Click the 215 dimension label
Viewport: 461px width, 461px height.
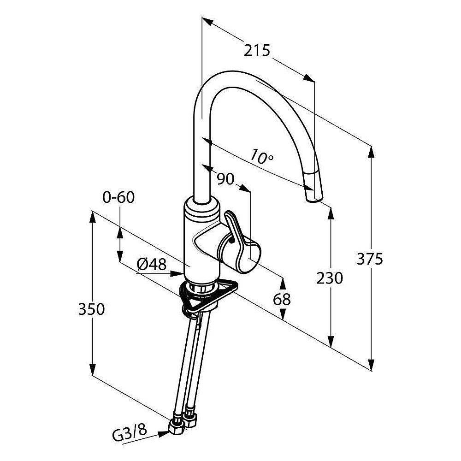[257, 50]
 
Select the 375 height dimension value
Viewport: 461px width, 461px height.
[370, 259]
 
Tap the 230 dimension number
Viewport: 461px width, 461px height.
[330, 278]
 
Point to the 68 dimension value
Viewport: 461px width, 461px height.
[282, 300]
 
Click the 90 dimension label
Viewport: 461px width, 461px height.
[225, 179]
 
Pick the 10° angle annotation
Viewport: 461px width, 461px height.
[262, 156]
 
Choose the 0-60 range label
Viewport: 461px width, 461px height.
[118, 197]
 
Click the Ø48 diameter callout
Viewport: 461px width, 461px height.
[152, 264]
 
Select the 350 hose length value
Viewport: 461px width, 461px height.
[91, 309]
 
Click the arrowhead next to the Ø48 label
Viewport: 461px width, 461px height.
[177, 274]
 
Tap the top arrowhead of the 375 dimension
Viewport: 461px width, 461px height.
[371, 152]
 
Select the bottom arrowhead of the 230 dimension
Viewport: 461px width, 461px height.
[331, 341]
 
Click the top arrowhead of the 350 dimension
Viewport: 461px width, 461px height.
[92, 217]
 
